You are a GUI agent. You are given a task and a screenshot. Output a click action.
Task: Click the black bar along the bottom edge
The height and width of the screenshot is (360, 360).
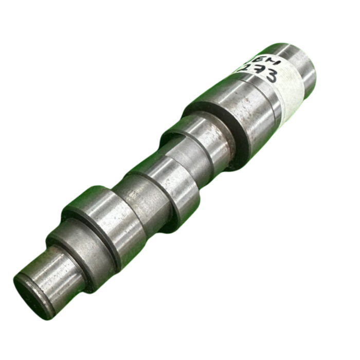coord(180,345)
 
